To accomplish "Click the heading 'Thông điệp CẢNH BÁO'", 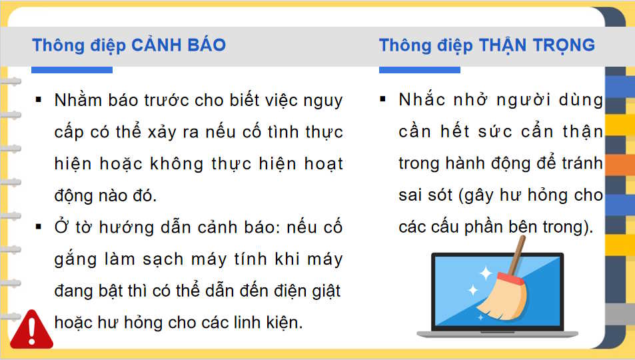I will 129,45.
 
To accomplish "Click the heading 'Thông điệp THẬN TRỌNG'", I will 486,45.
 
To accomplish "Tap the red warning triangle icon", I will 31,329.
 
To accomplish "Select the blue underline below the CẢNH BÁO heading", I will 72,69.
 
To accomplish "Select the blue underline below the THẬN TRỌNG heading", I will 419,69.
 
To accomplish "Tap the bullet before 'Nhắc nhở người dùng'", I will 382,99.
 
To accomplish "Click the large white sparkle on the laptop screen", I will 485,273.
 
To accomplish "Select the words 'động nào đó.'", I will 105,196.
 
